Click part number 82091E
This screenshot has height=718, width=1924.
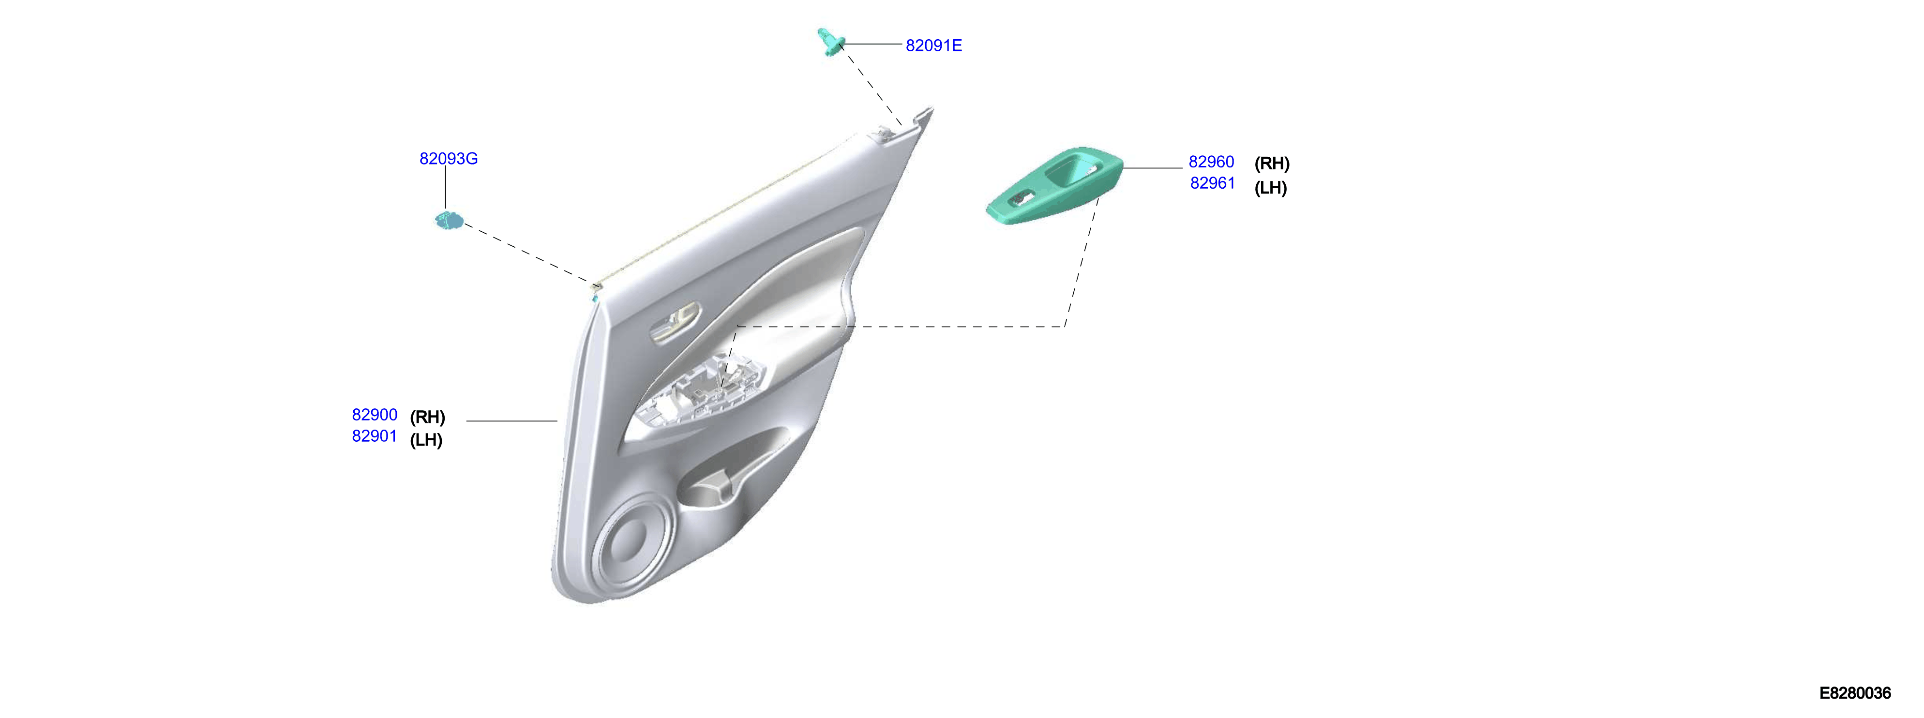[x=933, y=45]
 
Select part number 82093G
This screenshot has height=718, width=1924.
[x=448, y=158]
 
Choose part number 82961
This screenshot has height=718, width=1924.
[x=1212, y=183]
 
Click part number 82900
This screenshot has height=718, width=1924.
[x=374, y=415]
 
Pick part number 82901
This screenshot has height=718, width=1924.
[x=374, y=436]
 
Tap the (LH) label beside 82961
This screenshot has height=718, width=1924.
[x=1270, y=188]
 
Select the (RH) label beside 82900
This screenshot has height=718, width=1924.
[x=427, y=417]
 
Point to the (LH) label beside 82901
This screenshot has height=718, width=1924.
[x=426, y=440]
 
